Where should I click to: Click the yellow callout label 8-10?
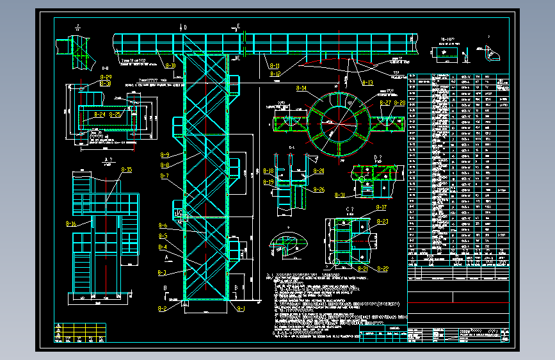pyautogui.click(x=170, y=65)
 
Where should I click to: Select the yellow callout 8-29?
pyautogui.click(x=106, y=77)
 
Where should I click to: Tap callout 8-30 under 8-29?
pyautogui.click(x=106, y=84)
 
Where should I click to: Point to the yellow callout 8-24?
pyautogui.click(x=99, y=115)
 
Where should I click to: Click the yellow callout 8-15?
pyautogui.click(x=126, y=170)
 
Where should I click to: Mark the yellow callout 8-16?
pyautogui.click(x=70, y=224)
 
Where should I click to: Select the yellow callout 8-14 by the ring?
pyautogui.click(x=300, y=88)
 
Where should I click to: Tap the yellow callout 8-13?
pyautogui.click(x=367, y=83)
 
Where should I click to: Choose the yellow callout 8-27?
pyautogui.click(x=385, y=102)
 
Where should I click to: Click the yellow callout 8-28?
pyautogui.click(x=399, y=102)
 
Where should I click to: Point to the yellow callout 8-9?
pyautogui.click(x=165, y=155)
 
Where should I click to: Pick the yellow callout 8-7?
pyautogui.click(x=165, y=176)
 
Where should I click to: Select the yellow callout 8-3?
pyautogui.click(x=163, y=273)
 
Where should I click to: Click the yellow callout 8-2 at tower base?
pyautogui.click(x=163, y=309)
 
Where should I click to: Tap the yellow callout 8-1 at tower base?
pyautogui.click(x=241, y=309)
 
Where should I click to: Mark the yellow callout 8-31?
pyautogui.click(x=339, y=195)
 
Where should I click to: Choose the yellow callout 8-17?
pyautogui.click(x=381, y=208)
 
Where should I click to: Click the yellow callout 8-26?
pyautogui.click(x=319, y=190)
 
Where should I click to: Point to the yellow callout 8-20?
pyautogui.click(x=319, y=171)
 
